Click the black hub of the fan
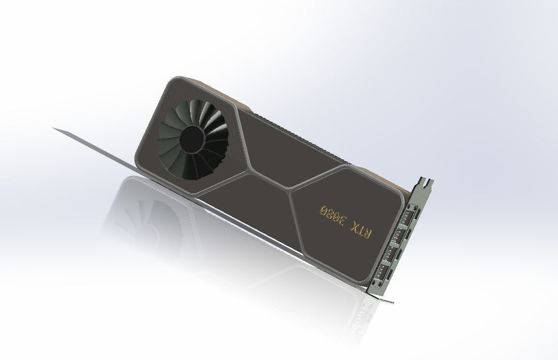[191, 139]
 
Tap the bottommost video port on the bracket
[383, 274]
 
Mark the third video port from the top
[393, 254]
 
